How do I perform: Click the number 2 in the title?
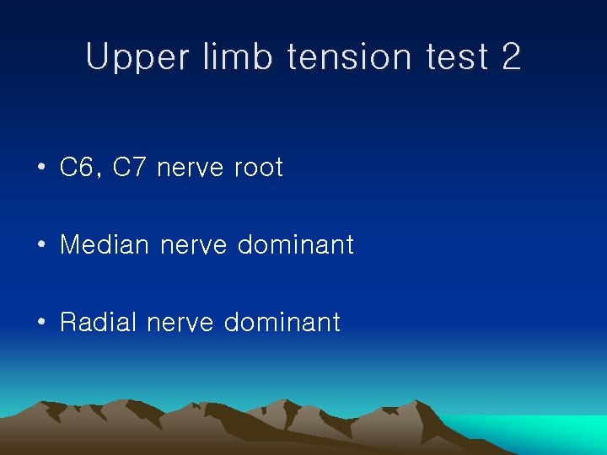[511, 57]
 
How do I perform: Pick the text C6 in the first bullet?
[77, 168]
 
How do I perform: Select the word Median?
[105, 245]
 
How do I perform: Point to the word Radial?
[99, 322]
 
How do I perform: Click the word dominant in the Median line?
[295, 245]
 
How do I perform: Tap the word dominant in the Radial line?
[282, 322]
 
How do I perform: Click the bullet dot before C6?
[40, 169]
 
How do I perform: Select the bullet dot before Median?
[40, 246]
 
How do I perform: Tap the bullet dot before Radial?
[40, 323]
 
